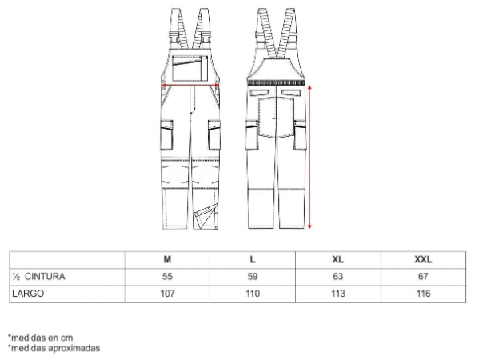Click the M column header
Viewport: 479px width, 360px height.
(167, 259)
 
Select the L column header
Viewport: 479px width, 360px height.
(253, 259)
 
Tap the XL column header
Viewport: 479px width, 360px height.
(338, 259)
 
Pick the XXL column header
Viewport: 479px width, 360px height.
(423, 259)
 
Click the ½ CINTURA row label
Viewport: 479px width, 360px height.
(38, 277)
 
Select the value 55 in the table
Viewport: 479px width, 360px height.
(167, 277)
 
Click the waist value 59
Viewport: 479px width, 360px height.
(253, 277)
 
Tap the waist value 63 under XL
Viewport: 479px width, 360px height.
(338, 277)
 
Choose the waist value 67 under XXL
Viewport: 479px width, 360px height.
(423, 277)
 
